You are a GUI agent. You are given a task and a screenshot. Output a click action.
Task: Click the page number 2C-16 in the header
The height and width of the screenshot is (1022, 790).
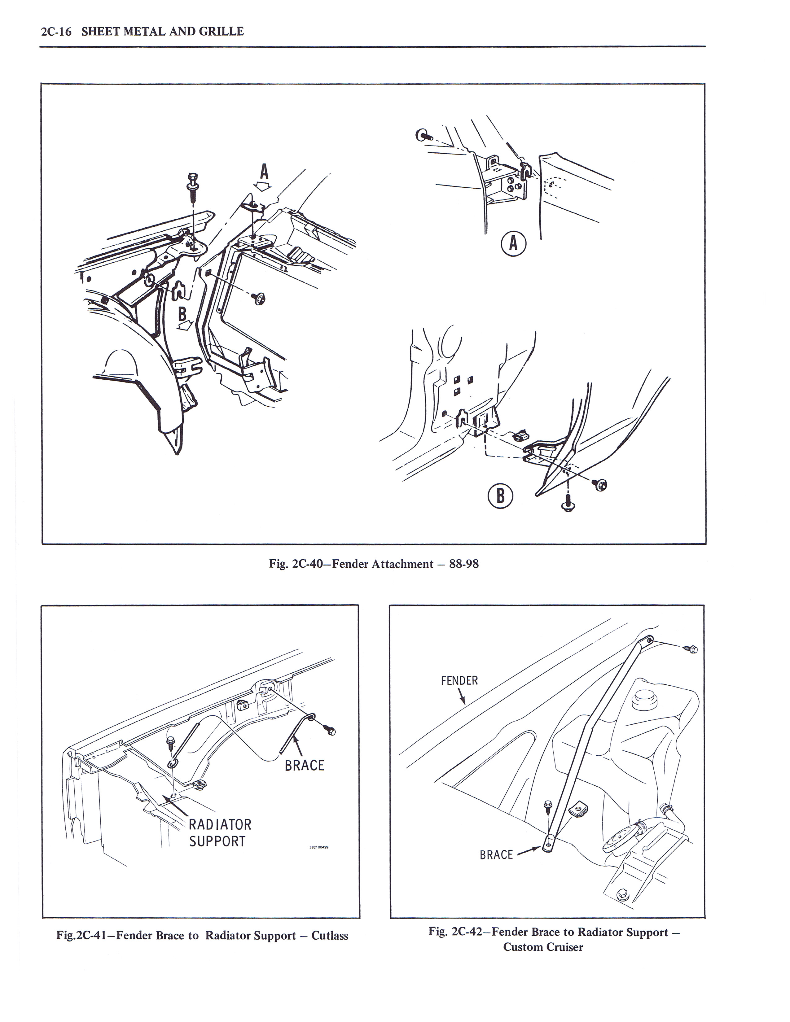(x=56, y=32)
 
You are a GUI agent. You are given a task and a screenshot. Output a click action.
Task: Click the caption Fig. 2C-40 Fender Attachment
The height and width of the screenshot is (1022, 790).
(x=374, y=564)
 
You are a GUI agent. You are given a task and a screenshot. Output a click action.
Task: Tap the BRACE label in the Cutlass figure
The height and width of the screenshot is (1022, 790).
(x=304, y=766)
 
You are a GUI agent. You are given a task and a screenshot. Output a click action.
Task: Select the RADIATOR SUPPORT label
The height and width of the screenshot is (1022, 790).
(x=220, y=833)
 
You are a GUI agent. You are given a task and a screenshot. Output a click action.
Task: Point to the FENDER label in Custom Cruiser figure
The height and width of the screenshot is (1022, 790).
(x=459, y=680)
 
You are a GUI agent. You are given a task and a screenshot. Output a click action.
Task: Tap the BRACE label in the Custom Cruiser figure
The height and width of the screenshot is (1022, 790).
(x=496, y=855)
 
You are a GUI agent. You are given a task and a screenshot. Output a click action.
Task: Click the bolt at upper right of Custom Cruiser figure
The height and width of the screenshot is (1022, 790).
(x=692, y=649)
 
